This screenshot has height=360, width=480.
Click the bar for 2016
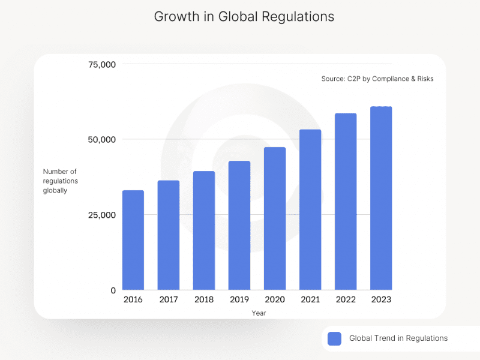coord(133,240)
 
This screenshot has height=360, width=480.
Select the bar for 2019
coord(239,226)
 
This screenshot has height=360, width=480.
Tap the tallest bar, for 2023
coord(381,198)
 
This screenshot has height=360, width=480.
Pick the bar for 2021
coord(310,210)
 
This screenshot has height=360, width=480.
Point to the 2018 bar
coord(204,231)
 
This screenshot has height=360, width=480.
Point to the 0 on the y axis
coord(112,290)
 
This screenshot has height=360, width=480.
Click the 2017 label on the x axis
coord(169,299)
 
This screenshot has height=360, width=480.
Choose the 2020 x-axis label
coord(275,299)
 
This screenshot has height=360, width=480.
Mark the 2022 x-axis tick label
coord(346,299)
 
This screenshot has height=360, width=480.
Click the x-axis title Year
coord(259,313)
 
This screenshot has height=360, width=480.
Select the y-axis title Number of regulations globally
coord(60,181)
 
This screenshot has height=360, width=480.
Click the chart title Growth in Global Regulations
coord(244,17)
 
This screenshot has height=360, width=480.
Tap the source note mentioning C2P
coord(377,79)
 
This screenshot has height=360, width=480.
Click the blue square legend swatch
coord(335,338)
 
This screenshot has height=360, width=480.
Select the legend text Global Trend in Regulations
coord(398,338)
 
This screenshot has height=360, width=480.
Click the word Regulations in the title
coord(298,17)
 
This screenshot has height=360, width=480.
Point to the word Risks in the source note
coord(424,79)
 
